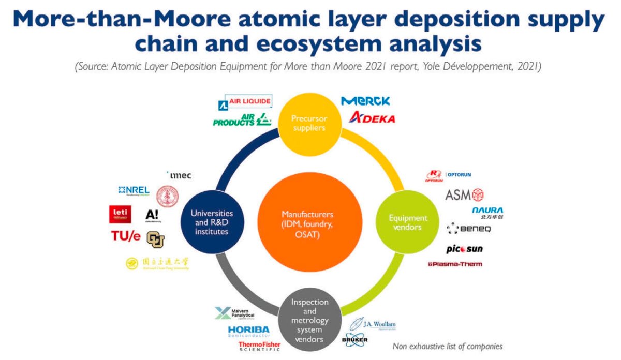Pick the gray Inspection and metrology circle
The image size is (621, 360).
(309, 320)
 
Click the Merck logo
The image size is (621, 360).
(365, 101)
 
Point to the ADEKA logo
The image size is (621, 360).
(372, 118)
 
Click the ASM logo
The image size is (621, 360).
(464, 195)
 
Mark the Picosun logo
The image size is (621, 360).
(464, 249)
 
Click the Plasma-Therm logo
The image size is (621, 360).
(455, 264)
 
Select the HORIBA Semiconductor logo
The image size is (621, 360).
(248, 331)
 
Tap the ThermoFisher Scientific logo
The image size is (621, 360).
(259, 347)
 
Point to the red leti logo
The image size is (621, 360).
(120, 214)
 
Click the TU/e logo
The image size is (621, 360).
(126, 236)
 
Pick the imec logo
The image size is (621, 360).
(180, 175)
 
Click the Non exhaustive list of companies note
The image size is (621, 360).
(447, 346)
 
